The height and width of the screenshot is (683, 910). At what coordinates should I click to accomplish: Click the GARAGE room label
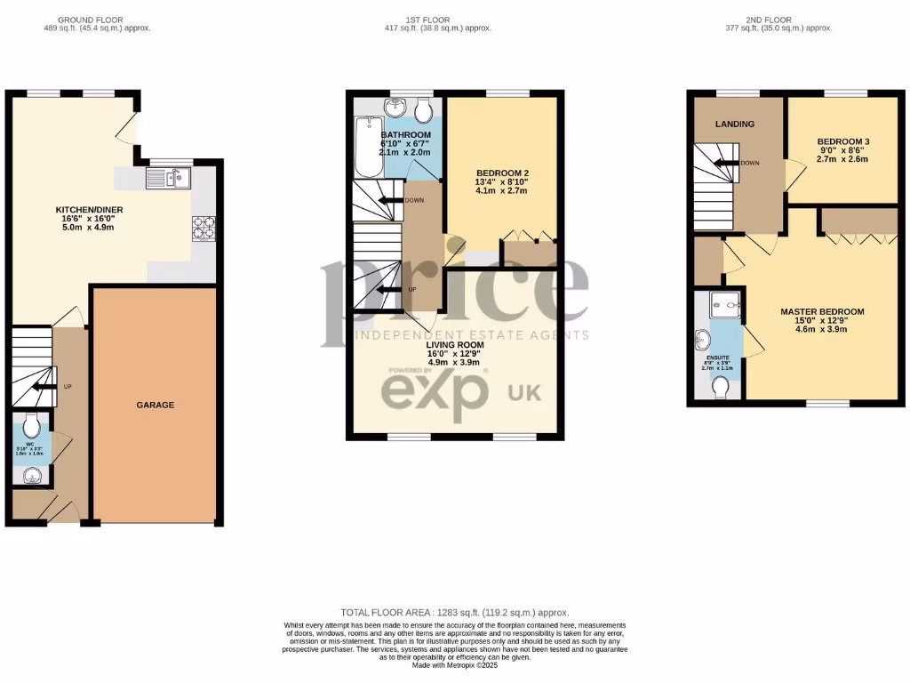[155, 405]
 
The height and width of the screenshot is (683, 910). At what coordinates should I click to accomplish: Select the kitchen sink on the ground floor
[166, 180]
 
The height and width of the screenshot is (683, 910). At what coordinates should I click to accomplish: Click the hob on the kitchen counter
[202, 229]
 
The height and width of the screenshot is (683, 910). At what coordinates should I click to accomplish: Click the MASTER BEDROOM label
[821, 311]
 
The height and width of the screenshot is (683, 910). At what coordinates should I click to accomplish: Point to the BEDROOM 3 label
[842, 141]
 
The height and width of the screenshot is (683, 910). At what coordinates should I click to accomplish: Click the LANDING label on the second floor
[735, 124]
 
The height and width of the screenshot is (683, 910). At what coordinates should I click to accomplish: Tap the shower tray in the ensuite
[726, 306]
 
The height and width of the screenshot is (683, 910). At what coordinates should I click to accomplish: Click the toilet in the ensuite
[722, 388]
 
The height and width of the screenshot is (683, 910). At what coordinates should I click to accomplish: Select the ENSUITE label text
[720, 358]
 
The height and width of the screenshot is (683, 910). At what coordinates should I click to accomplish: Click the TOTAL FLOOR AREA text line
[454, 613]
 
